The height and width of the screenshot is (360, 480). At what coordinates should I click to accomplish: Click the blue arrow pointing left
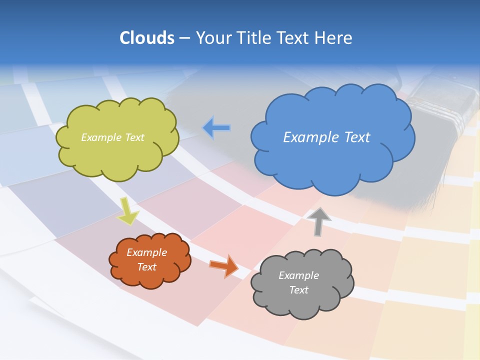[x=216, y=128]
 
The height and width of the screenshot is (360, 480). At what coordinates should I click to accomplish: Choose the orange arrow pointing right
[x=223, y=265]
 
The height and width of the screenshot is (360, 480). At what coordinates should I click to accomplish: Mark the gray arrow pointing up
[x=319, y=221]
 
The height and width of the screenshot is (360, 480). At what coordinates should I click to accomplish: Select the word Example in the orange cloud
[x=147, y=252]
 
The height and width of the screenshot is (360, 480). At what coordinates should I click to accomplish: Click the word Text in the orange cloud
[x=147, y=267]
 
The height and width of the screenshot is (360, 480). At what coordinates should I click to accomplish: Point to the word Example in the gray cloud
[x=298, y=275]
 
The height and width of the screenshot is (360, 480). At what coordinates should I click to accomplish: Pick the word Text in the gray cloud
[x=298, y=290]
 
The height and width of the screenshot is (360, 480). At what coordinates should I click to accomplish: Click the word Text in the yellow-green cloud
[x=134, y=137]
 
